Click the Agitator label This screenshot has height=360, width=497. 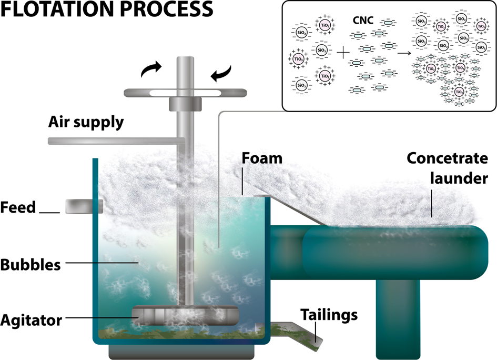point(32,319)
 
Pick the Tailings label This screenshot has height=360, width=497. point(329,315)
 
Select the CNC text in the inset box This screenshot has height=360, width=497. point(362,22)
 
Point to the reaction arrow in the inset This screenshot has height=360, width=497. point(404,53)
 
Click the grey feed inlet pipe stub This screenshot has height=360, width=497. point(83,207)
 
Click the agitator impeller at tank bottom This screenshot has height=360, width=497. point(184,315)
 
